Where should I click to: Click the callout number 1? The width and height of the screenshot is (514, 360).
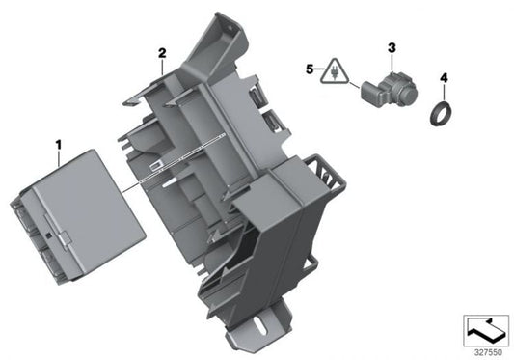(59, 145)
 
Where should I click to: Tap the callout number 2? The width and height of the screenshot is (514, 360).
(162, 53)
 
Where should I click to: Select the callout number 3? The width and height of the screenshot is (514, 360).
(392, 48)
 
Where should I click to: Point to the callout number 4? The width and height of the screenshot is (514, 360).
(444, 78)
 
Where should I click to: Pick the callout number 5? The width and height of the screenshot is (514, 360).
(310, 69)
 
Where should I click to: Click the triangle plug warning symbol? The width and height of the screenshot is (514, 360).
(335, 71)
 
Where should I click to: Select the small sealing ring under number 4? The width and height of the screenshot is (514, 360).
(442, 114)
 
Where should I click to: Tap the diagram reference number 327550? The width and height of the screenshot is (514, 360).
(488, 353)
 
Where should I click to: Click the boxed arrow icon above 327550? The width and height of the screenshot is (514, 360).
(486, 331)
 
